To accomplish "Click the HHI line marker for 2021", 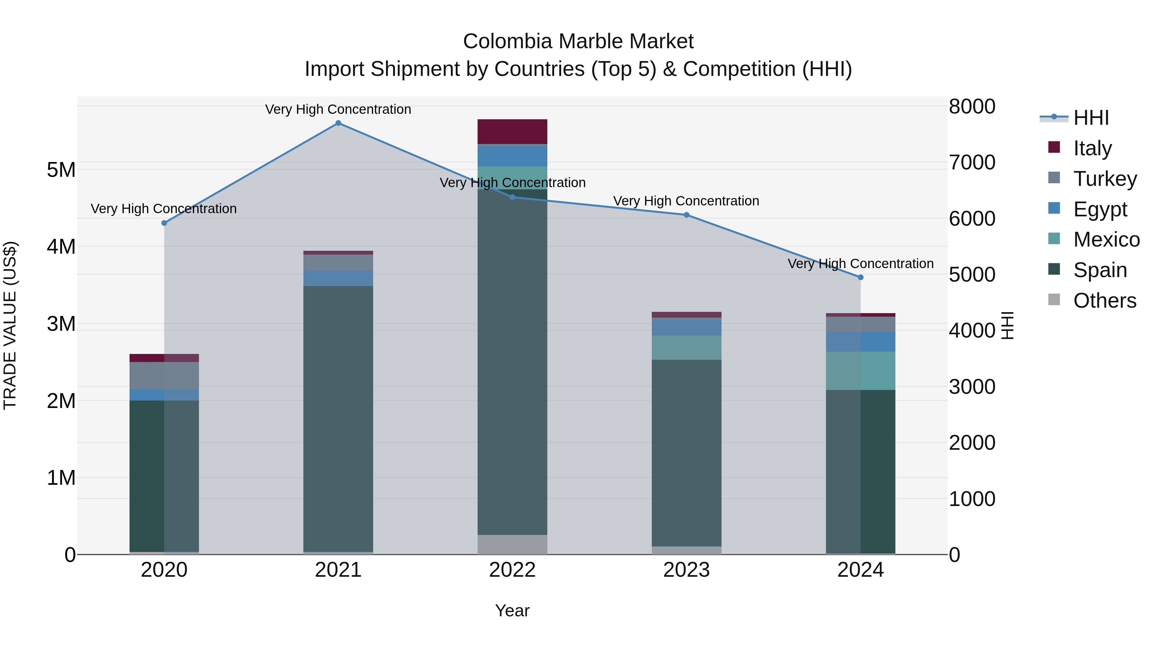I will (x=338, y=123).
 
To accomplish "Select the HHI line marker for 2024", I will (x=861, y=277).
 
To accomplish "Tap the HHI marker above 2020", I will (x=164, y=223).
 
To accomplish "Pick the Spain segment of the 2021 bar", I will (x=338, y=418).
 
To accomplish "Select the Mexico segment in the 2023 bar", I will (x=686, y=347).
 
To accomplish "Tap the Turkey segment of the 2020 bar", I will (x=164, y=375).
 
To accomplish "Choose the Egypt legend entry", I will (x=1100, y=209).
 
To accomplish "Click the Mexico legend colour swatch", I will (x=1054, y=239).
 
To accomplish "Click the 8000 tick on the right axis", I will (x=972, y=107).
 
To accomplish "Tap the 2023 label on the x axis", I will (x=686, y=570).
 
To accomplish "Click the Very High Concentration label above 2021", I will (x=338, y=109).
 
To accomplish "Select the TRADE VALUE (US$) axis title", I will (x=10, y=325).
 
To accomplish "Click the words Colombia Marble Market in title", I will (x=578, y=41).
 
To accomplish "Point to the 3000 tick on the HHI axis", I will (x=972, y=387).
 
